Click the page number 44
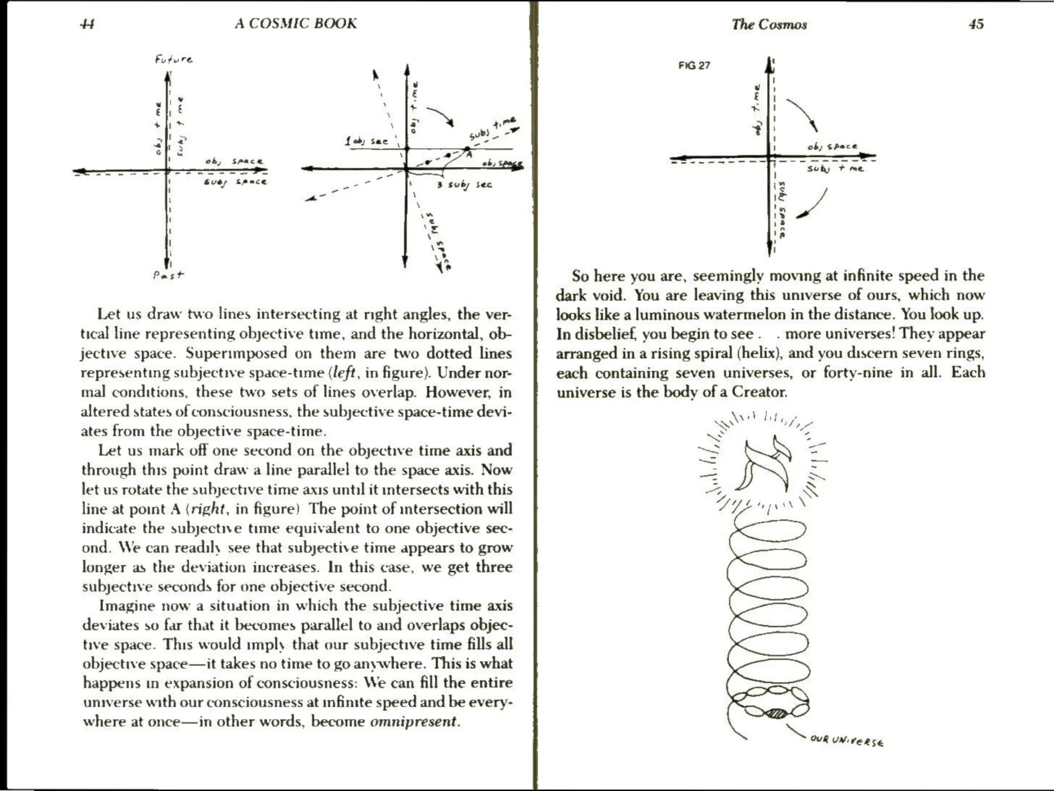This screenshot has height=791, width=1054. [x=87, y=24]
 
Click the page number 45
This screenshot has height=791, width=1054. [x=976, y=24]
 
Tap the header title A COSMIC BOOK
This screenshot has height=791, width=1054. [x=295, y=24]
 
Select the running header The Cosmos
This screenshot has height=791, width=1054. [x=769, y=25]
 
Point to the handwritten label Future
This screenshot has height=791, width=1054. [x=173, y=59]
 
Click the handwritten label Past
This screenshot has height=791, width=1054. [x=168, y=275]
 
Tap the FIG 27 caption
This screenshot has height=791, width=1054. [x=694, y=65]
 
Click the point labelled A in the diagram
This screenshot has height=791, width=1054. [x=467, y=150]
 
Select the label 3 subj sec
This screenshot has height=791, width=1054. [x=464, y=184]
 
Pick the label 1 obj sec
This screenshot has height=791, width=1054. [x=366, y=141]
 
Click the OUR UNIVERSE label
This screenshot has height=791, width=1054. [x=847, y=741]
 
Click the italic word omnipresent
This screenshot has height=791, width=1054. [x=413, y=721]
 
